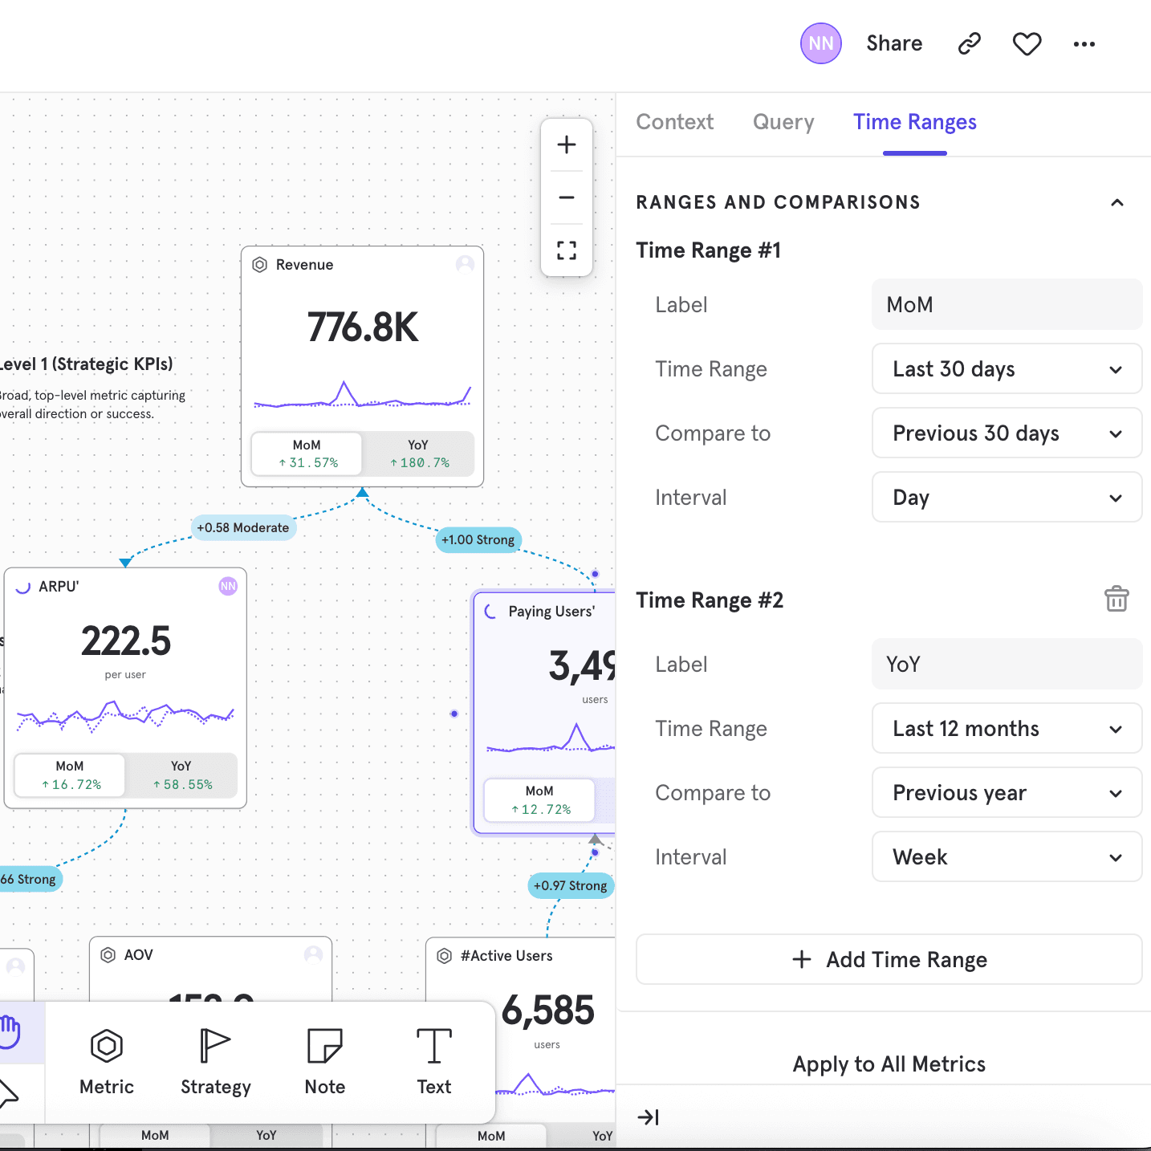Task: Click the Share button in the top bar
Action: tap(893, 43)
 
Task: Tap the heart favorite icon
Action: tap(1027, 44)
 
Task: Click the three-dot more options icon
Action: tap(1084, 44)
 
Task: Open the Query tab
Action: tap(783, 122)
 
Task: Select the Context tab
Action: tap(674, 122)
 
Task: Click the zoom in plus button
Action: tap(567, 144)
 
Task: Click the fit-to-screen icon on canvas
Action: tap(567, 250)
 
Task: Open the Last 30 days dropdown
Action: tap(1006, 369)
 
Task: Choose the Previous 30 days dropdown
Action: tap(1006, 433)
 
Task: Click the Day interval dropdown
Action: tap(1006, 498)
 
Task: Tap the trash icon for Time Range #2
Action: tap(1116, 600)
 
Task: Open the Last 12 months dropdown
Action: tap(1006, 729)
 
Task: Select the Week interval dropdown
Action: tap(1006, 857)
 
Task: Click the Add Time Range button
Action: tap(889, 960)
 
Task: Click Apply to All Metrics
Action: tap(889, 1064)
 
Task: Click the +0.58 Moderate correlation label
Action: tap(242, 527)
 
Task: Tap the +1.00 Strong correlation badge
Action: tap(478, 540)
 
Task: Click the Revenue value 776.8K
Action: tap(363, 327)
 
